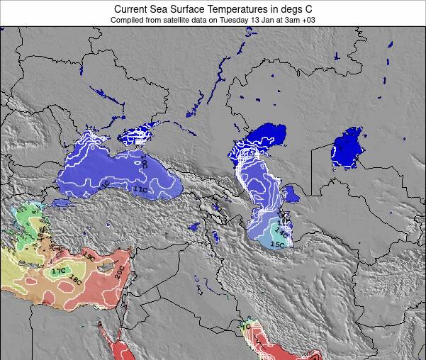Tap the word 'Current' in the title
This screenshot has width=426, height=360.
(x=133, y=9)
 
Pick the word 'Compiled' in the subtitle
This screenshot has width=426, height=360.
(x=128, y=20)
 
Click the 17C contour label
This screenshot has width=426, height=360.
(x=58, y=271)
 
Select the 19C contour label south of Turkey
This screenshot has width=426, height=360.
(x=89, y=255)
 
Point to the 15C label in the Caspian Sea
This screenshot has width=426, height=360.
(x=276, y=244)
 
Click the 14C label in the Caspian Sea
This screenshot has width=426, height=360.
(x=281, y=232)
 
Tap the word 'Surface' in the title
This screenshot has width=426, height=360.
(x=176, y=9)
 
